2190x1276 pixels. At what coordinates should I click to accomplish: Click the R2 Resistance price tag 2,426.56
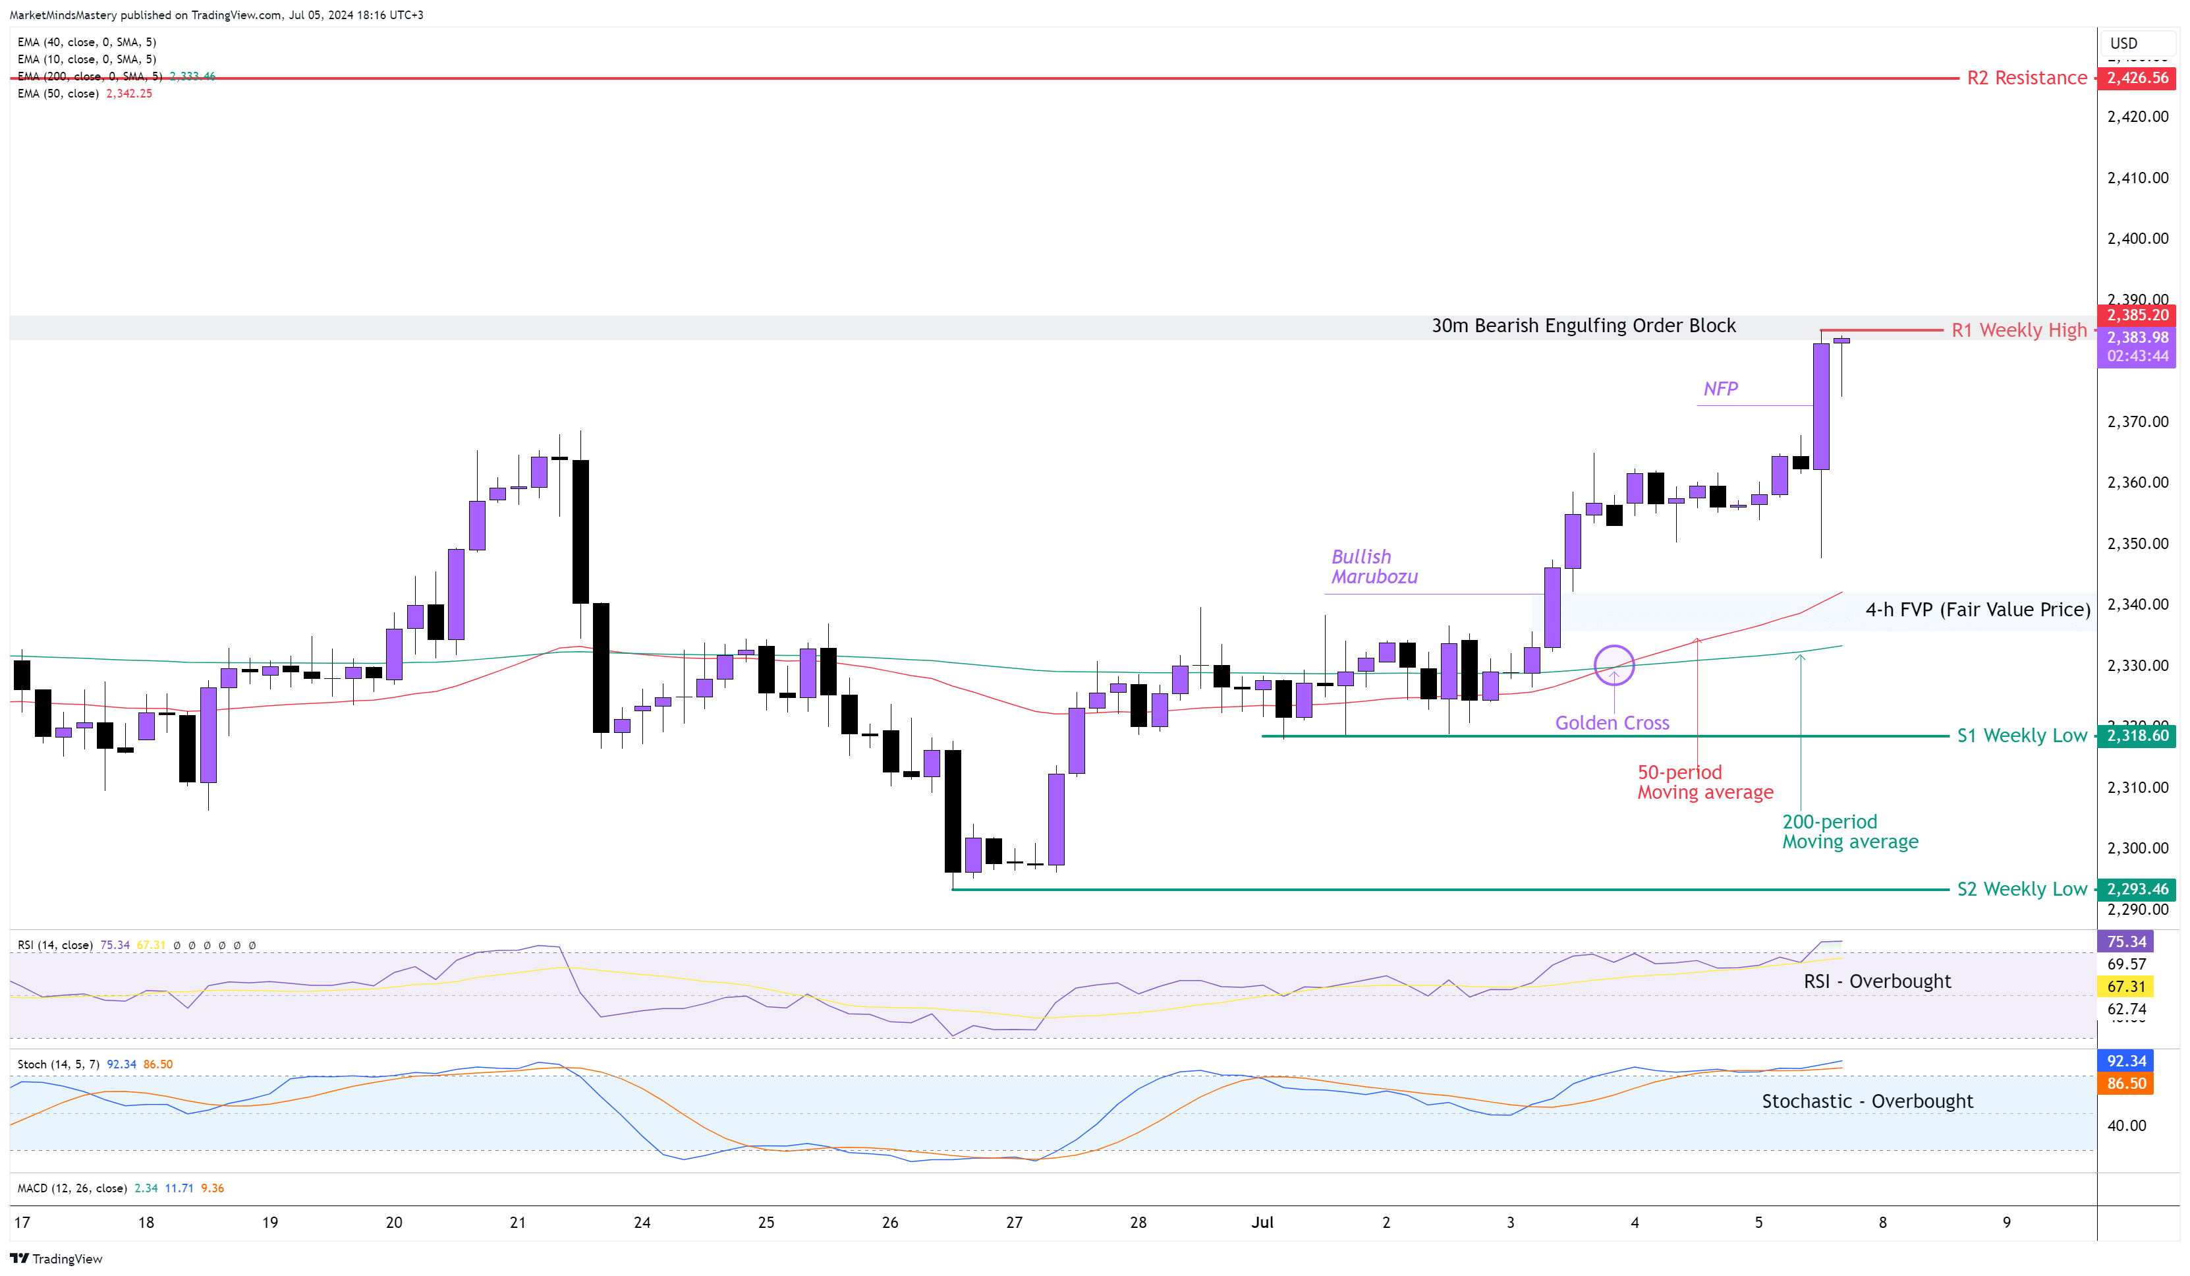click(2137, 78)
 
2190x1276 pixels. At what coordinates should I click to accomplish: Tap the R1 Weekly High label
click(2018, 330)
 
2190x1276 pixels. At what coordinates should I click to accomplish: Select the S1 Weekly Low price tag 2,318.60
click(2137, 736)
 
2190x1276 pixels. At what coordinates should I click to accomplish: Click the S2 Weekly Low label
click(2021, 889)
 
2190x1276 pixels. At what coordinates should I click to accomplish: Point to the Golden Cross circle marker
click(1614, 666)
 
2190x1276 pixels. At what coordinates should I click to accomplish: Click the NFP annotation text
click(1720, 389)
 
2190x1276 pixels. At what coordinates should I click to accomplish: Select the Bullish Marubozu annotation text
click(1374, 567)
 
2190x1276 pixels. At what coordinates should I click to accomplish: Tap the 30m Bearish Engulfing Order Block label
click(1583, 326)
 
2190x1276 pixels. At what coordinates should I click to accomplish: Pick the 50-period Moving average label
click(1704, 782)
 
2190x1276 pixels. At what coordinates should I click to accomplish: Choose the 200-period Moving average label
click(1849, 832)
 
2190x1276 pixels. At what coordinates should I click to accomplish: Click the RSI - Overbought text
click(1876, 981)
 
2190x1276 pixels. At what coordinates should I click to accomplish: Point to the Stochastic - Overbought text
click(1867, 1101)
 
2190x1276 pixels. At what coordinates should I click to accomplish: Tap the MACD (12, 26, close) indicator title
click(72, 1188)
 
